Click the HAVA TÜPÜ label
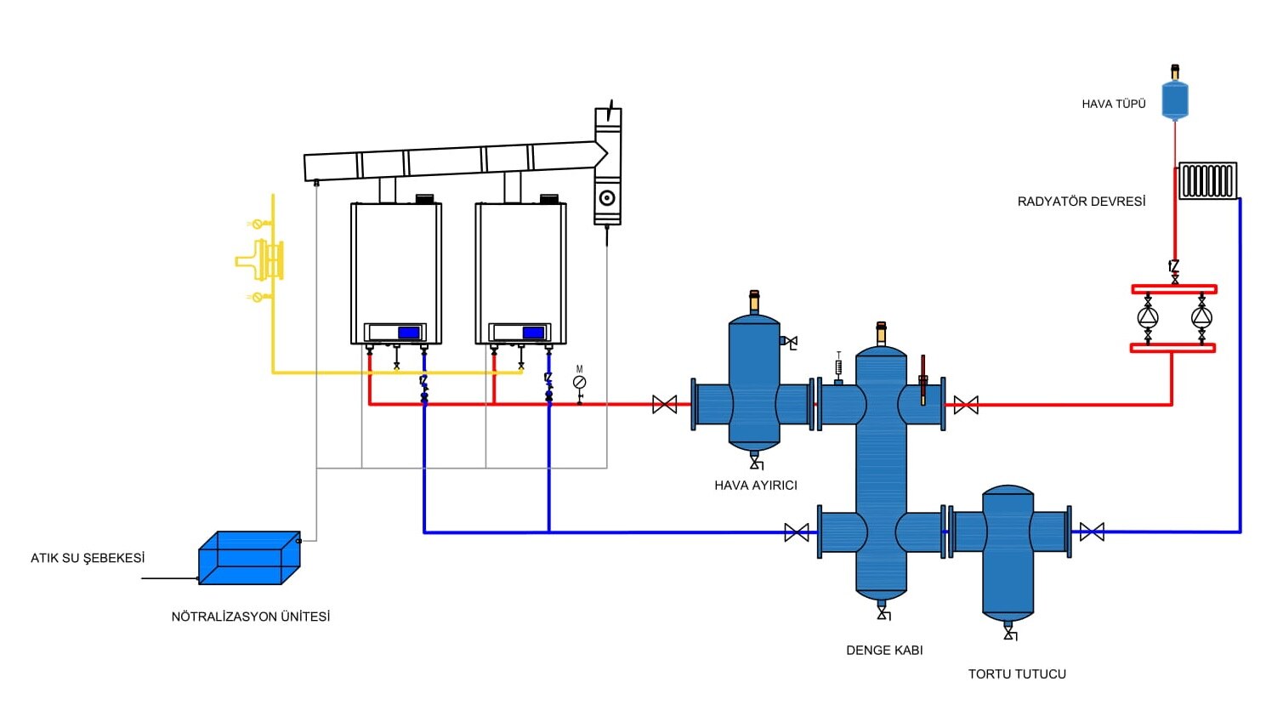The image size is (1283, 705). [x=1113, y=104]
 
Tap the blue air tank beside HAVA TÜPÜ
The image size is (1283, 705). [x=1175, y=99]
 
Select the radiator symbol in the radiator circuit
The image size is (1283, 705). [x=1207, y=181]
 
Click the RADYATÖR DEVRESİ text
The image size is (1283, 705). [x=1081, y=202]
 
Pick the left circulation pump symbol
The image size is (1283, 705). [x=1148, y=318]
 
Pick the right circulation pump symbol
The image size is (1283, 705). [x=1201, y=318]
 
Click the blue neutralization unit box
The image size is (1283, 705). [x=248, y=559]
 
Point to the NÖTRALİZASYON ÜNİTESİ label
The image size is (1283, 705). [x=250, y=617]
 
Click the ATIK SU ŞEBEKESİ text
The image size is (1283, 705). [x=88, y=558]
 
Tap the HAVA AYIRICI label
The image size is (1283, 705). [x=755, y=486]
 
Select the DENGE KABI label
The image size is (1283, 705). [x=884, y=651]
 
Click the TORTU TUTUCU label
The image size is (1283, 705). [x=1016, y=674]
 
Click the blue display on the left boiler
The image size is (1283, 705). [x=408, y=333]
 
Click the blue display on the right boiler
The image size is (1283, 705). [x=533, y=333]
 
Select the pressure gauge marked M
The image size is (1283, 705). [x=580, y=383]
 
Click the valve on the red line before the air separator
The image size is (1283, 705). [x=665, y=405]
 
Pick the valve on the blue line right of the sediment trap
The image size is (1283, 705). [x=1092, y=532]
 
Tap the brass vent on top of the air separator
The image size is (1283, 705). [x=754, y=300]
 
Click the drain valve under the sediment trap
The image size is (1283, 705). [x=1010, y=634]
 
